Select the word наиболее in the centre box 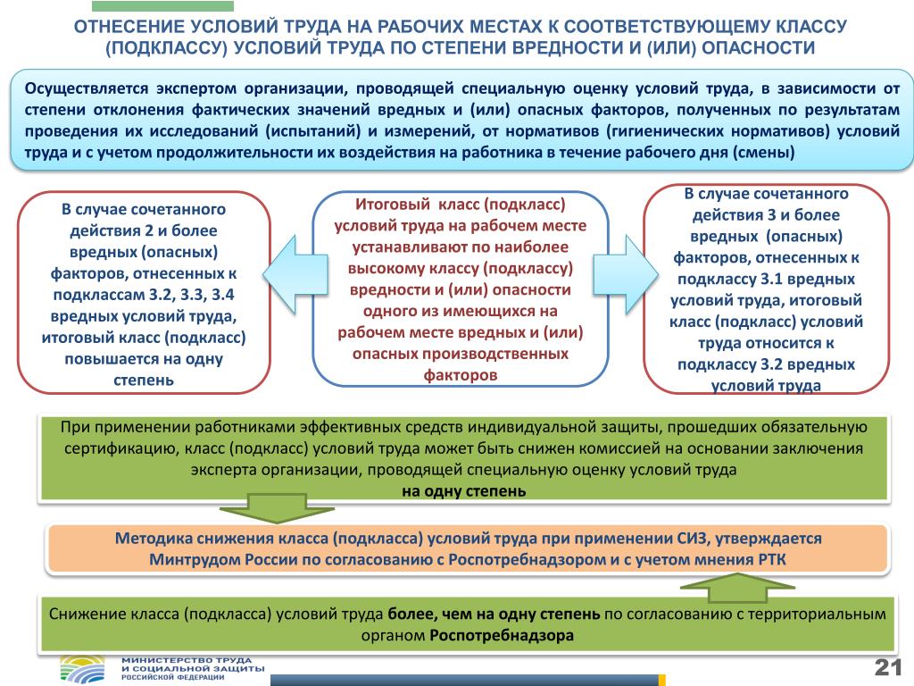point(530,247)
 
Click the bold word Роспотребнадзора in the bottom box point(501,636)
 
